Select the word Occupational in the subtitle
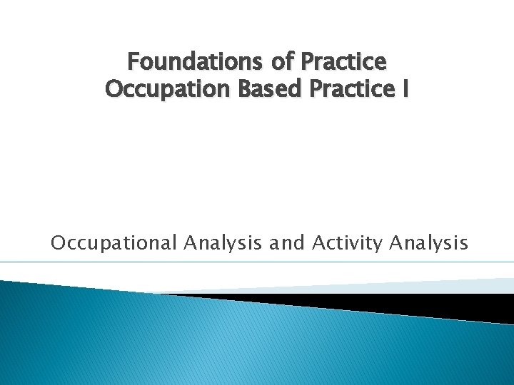[113, 243]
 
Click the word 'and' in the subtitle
[288, 243]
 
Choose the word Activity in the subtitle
[348, 243]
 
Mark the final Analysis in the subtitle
[429, 243]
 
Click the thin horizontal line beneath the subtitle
[257, 262]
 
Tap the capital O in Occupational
[58, 243]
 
